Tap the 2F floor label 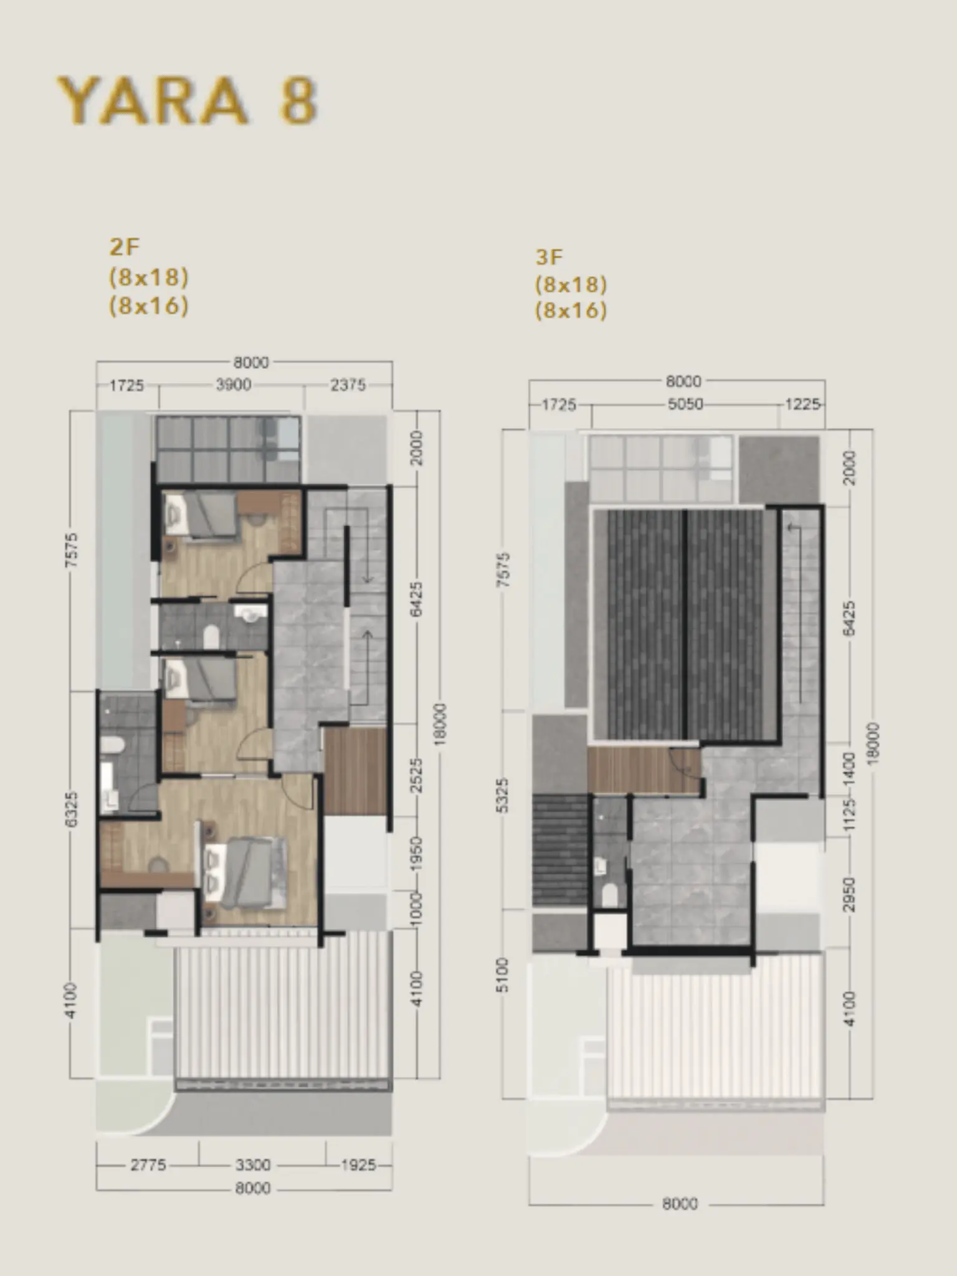(x=124, y=247)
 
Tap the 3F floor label (x=550, y=257)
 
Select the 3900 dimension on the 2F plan (x=234, y=385)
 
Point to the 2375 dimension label (x=348, y=385)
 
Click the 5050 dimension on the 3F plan (x=685, y=404)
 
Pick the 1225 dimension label (x=802, y=404)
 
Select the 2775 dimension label (x=148, y=1164)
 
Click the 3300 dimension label (x=253, y=1164)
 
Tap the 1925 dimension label (x=358, y=1164)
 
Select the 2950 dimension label (x=849, y=895)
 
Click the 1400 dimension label (x=849, y=768)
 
